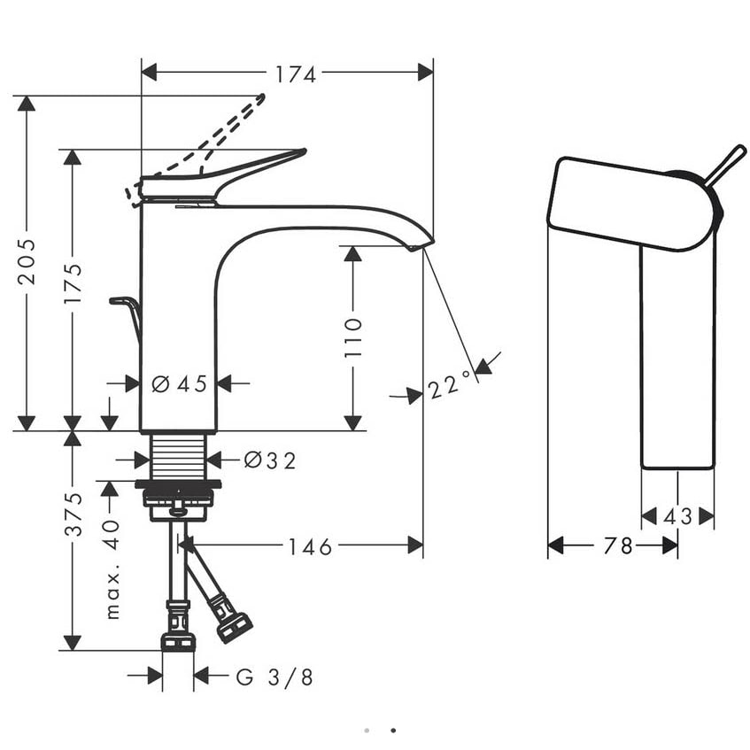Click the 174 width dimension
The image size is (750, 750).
click(x=296, y=74)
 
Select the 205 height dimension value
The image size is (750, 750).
click(x=27, y=261)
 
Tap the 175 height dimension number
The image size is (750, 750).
click(x=73, y=283)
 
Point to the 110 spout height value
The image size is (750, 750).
click(x=353, y=336)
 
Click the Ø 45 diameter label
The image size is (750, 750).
click(x=180, y=383)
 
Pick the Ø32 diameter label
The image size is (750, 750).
click(x=270, y=460)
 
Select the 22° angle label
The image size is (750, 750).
click(x=449, y=383)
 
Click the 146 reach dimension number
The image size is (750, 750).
click(x=310, y=546)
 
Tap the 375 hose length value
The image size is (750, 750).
click(x=73, y=514)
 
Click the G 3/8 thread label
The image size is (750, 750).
click(x=274, y=677)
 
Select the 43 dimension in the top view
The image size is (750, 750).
click(x=677, y=516)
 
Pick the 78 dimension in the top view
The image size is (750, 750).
click(x=618, y=545)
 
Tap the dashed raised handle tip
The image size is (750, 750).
click(x=261, y=97)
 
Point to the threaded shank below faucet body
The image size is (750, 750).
click(x=179, y=457)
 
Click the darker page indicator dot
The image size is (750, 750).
click(x=393, y=731)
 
